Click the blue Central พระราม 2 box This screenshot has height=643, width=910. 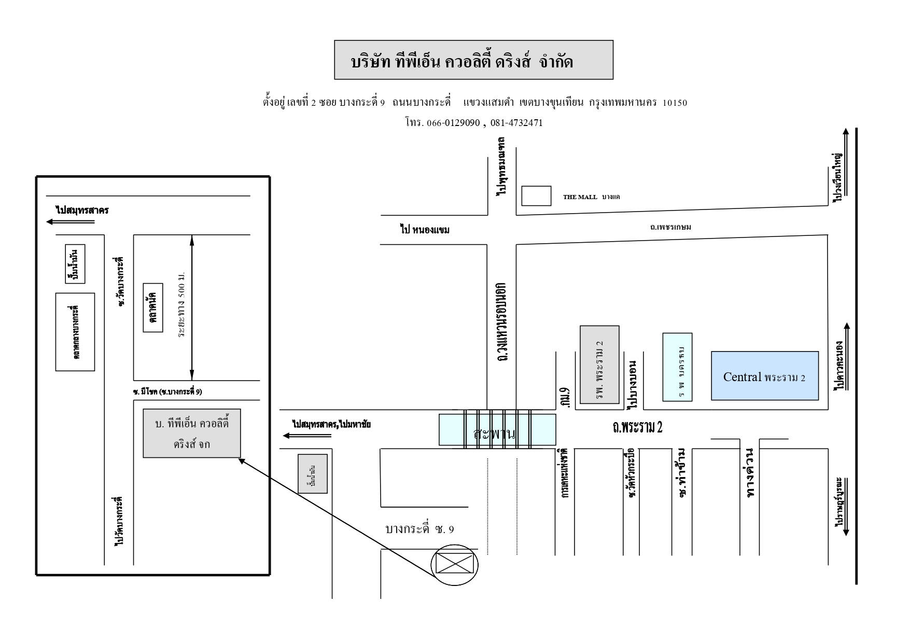[764, 375]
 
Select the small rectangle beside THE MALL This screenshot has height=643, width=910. [536, 196]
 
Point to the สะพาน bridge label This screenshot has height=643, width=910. [495, 434]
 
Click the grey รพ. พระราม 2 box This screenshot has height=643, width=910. [599, 364]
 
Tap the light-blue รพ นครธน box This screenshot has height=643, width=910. [677, 367]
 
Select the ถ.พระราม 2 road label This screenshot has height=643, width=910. [637, 427]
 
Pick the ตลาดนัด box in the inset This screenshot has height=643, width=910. [153, 307]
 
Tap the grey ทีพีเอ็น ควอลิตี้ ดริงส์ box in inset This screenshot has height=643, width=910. [192, 433]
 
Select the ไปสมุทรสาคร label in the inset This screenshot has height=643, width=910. [82, 210]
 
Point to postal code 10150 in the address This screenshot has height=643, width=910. [675, 103]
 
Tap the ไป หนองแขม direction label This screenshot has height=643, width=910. [425, 230]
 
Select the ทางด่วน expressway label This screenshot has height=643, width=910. [750, 473]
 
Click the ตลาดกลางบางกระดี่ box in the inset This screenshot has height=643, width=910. [75, 332]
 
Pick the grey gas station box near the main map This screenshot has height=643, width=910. [313, 473]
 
